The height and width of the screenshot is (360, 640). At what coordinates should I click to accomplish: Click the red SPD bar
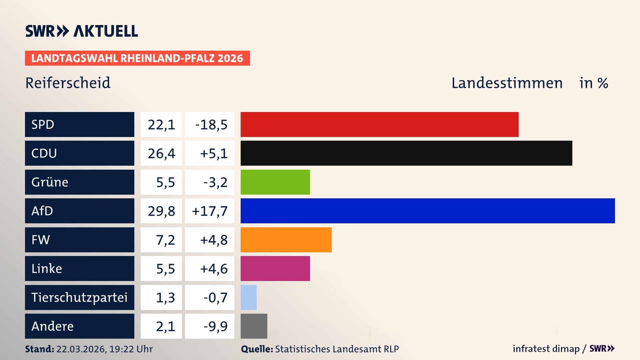(x=379, y=124)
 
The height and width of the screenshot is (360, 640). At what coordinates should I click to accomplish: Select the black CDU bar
(x=406, y=153)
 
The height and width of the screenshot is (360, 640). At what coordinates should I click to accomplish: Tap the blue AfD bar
(x=427, y=211)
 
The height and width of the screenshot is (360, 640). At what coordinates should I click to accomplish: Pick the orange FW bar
(x=286, y=240)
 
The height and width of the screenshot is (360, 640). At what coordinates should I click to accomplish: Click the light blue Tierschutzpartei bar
(x=249, y=297)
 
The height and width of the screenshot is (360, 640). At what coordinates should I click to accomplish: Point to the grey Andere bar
(x=254, y=326)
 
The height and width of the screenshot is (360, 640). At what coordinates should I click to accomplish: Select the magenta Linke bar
(x=275, y=268)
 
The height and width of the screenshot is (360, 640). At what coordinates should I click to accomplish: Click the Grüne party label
(x=50, y=182)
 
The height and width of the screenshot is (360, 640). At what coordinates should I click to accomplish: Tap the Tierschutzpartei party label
(x=79, y=297)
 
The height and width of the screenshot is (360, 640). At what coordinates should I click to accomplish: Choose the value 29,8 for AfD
(x=161, y=211)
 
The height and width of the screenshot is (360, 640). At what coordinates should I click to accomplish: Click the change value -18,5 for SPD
(x=211, y=125)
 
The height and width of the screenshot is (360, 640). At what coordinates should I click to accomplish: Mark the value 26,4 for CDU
(x=161, y=153)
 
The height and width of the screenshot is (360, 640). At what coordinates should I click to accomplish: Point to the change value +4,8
(x=214, y=240)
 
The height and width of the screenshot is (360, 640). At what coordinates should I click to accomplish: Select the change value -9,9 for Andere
(x=215, y=326)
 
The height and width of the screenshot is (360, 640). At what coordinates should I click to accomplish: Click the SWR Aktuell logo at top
(x=81, y=31)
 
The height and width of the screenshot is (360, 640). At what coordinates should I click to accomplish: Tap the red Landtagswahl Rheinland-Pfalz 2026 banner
(x=137, y=58)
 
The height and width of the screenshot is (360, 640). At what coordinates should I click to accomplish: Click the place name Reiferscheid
(x=68, y=83)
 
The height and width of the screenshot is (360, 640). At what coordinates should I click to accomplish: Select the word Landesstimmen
(x=507, y=83)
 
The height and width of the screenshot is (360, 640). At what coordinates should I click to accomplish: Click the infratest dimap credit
(x=546, y=349)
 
